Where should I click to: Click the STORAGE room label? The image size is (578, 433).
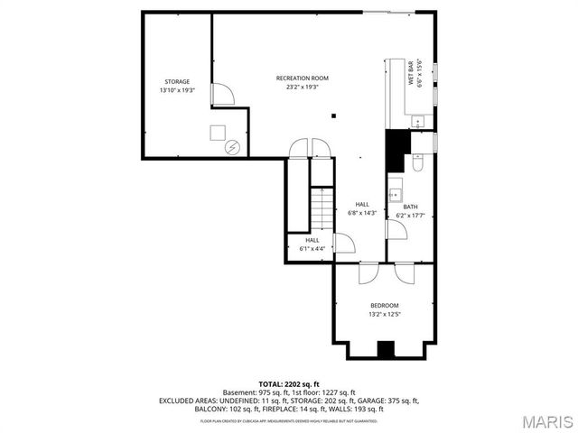pos(177,81)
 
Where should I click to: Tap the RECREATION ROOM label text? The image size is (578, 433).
pos(302,78)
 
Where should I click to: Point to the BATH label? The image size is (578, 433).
pos(410,207)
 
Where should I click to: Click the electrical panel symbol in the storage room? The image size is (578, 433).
pos(232,147)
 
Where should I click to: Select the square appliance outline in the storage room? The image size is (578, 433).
pos(218,133)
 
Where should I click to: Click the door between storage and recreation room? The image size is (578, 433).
pos(219,94)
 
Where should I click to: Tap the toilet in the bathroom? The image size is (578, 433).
pos(416,163)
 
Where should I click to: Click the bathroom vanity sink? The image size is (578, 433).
pos(395,193)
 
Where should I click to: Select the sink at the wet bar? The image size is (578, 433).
pos(417,121)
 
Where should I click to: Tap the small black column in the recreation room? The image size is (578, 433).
pos(333,115)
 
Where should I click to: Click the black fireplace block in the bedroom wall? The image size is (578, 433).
pos(386,350)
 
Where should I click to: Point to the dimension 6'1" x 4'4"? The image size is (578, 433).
pos(312,248)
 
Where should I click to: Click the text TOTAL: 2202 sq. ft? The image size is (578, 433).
pos(289,383)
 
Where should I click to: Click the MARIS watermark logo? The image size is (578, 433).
pos(540,420)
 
